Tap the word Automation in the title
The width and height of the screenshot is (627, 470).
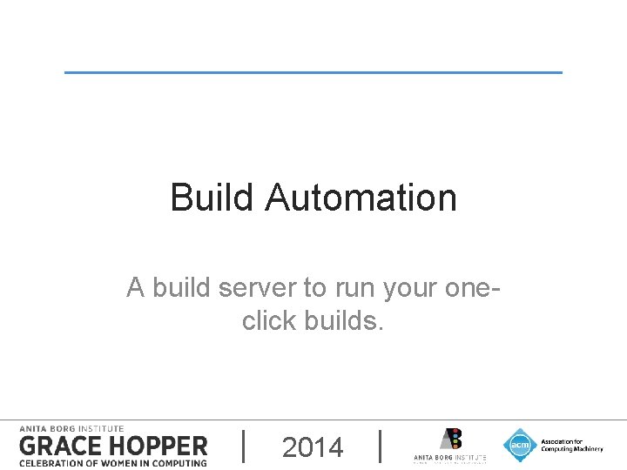(361, 198)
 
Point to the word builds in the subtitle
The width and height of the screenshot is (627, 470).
(343, 321)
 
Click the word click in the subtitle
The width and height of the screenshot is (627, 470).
(270, 321)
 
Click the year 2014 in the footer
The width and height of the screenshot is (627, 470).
(313, 447)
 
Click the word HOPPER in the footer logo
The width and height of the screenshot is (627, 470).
(157, 446)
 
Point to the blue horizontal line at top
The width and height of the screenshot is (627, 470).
(313, 72)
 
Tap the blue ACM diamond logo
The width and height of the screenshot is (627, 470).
(520, 445)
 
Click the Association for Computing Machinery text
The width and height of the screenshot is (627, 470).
(571, 445)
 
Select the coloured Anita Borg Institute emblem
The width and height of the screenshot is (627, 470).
(450, 438)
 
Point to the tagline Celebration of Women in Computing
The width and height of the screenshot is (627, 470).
(113, 462)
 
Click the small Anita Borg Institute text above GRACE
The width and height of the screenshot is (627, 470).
(71, 428)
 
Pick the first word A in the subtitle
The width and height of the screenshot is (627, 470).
(135, 287)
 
